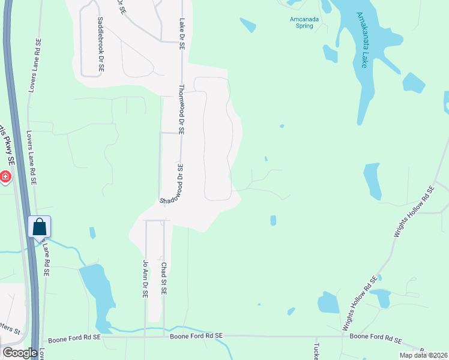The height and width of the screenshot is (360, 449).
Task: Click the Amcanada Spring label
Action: coord(301,22)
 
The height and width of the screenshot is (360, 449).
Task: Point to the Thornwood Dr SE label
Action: coord(181,109)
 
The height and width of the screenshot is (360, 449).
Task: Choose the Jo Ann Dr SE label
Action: coord(145,279)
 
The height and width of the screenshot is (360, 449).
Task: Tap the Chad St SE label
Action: coord(163,278)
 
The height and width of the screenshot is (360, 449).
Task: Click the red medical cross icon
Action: coord(4,176)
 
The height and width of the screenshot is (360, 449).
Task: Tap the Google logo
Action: coord(20,353)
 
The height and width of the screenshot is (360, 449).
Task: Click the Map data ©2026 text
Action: coord(423,355)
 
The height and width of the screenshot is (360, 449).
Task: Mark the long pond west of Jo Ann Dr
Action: coord(96,294)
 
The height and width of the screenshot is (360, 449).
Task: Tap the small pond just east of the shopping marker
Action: coord(92,232)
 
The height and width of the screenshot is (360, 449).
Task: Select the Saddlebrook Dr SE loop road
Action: coord(82,54)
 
